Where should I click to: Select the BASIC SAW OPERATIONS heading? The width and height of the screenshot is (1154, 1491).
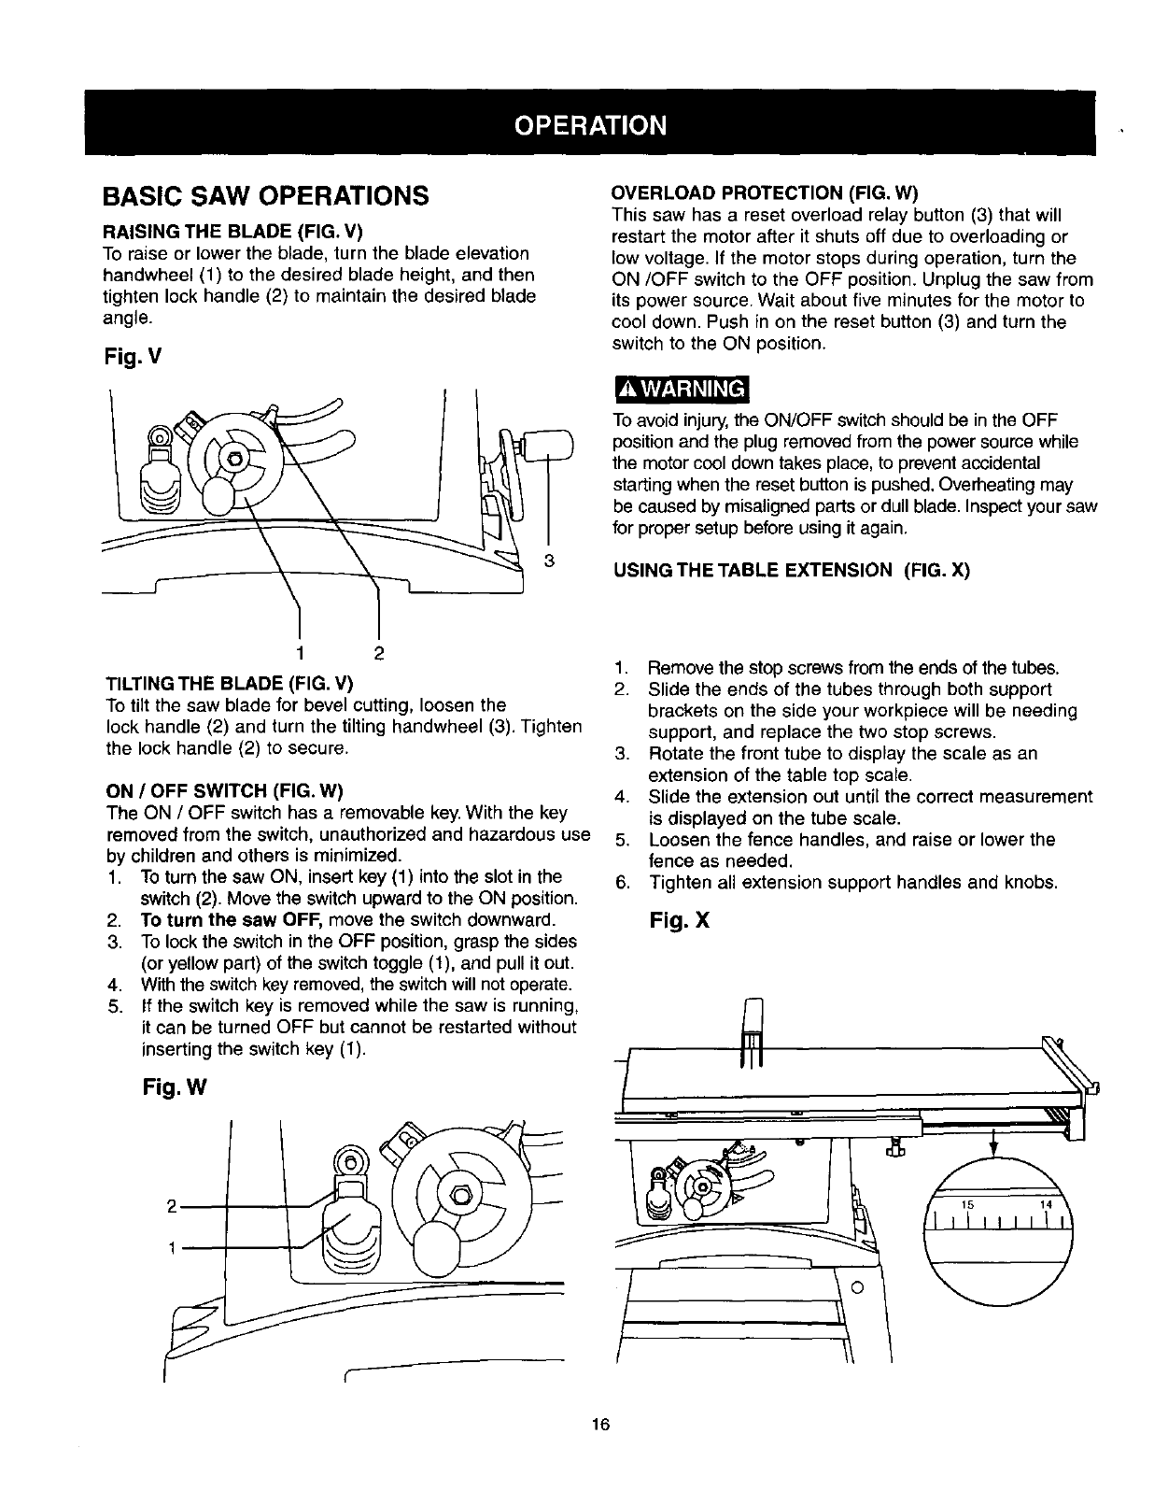265,197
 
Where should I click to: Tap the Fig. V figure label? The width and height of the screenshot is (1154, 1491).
128,355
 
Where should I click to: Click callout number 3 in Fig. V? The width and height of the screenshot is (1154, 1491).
550,561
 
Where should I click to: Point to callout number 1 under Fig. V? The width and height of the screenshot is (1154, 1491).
299,650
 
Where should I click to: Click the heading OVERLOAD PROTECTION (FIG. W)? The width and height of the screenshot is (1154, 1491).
765,193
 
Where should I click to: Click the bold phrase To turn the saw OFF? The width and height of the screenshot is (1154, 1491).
218,920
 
